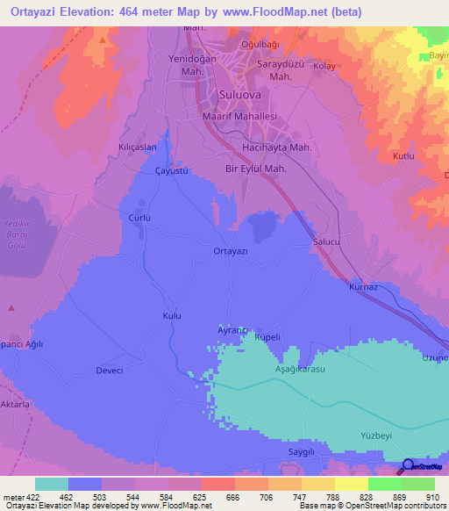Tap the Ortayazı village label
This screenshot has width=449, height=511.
pos(232,251)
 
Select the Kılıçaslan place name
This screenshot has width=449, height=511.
pos(138,148)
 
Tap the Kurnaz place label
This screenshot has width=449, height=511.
pos(363,287)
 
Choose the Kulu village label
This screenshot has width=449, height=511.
pos(172,314)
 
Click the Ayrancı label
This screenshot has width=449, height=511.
pos(233,329)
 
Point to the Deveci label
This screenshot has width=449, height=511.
pos(109,371)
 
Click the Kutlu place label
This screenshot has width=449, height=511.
pos(403,155)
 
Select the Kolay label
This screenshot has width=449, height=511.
pos(324,66)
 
